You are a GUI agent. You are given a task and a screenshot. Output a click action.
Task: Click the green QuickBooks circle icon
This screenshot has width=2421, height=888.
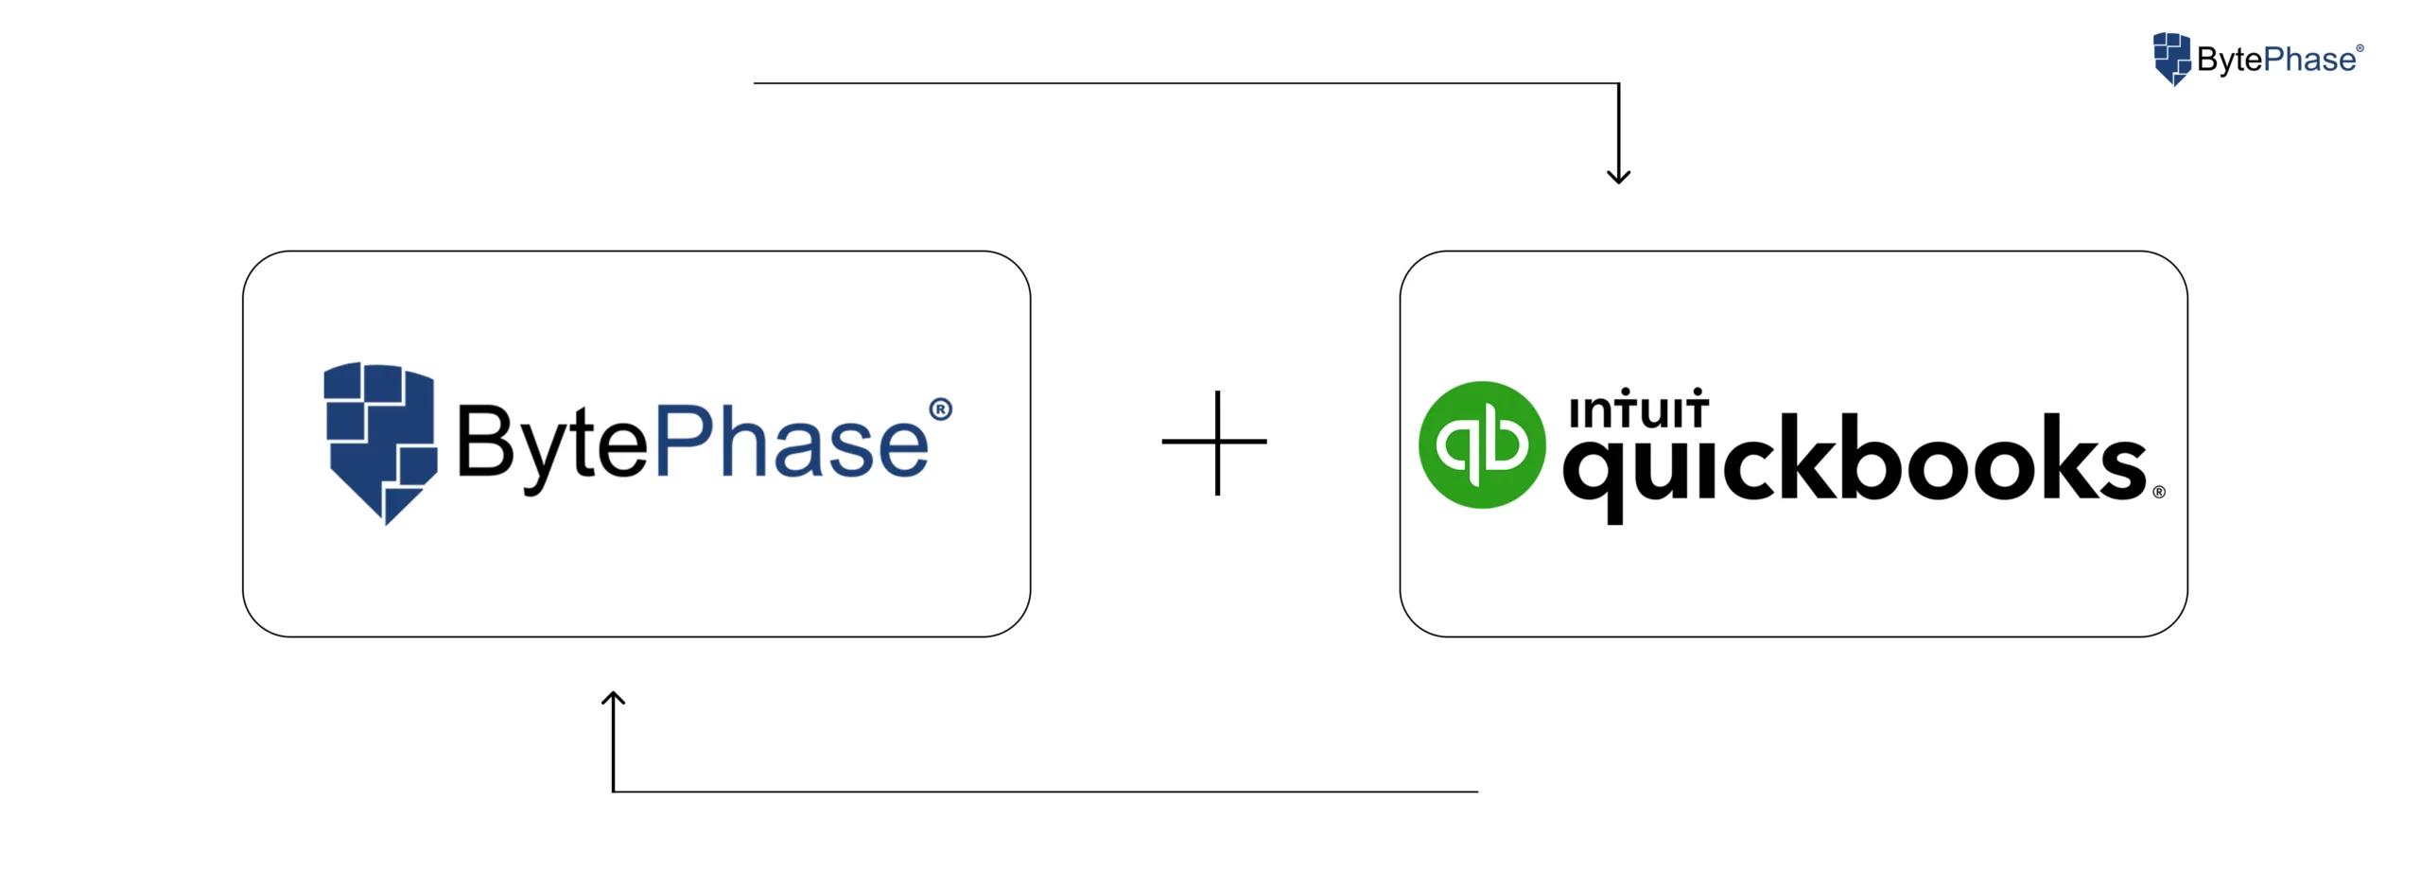pos(1481,444)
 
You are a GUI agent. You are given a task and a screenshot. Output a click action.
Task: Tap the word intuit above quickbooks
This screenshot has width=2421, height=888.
pos(1637,410)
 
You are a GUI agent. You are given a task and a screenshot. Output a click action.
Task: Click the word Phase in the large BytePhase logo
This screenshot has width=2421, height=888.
pos(791,442)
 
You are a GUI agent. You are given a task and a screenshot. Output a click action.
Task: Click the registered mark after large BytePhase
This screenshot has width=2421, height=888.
pos(940,409)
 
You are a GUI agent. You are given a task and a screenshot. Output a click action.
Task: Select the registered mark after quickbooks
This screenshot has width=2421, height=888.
pos(2158,492)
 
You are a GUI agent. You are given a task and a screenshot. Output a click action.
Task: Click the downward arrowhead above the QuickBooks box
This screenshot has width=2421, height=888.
pos(1618,176)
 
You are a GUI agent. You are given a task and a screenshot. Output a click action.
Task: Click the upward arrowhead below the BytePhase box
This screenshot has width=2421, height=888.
pos(614,699)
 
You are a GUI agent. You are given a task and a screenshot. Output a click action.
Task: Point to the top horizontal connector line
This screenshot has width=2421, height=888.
pos(1182,83)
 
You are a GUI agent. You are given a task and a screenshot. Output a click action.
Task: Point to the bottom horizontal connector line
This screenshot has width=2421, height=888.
pos(1040,792)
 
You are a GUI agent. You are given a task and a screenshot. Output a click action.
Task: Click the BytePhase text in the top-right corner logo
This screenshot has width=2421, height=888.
pos(2275,60)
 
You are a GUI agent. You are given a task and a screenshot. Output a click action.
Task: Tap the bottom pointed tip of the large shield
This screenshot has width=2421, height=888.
pos(387,519)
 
